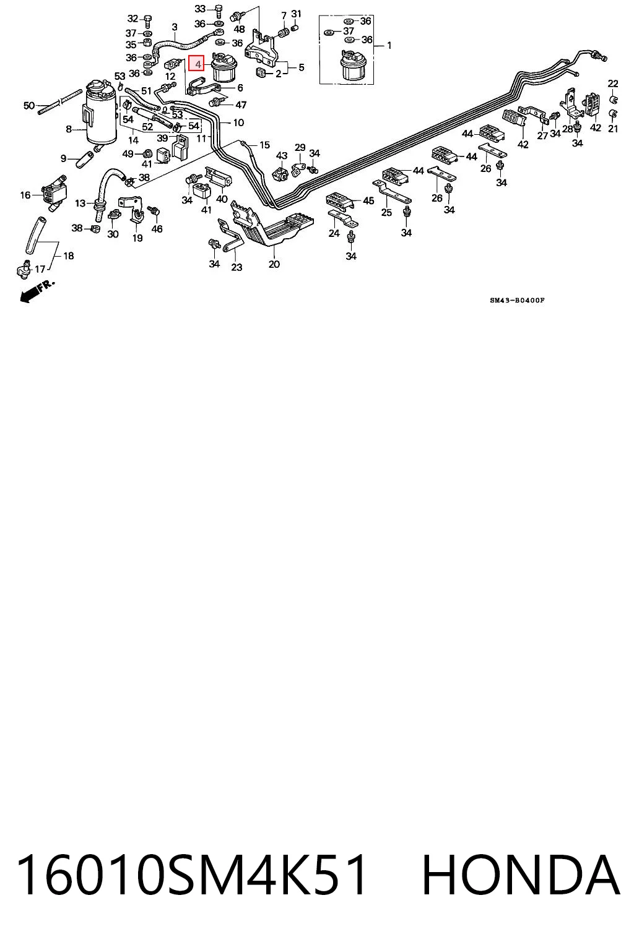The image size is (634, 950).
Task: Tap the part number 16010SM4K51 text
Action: [191, 874]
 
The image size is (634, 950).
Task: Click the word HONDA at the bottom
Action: [521, 874]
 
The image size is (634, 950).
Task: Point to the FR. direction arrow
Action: [37, 291]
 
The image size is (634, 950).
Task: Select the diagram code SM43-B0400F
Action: [517, 300]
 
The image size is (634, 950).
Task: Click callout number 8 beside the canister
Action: [69, 129]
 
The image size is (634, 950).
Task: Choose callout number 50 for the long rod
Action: [29, 105]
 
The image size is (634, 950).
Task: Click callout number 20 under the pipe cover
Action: [274, 264]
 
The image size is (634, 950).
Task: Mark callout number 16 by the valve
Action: [25, 195]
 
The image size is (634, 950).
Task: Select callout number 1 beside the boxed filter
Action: [389, 45]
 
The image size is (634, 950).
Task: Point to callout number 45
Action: [368, 200]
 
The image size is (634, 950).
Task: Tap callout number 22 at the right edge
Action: [613, 83]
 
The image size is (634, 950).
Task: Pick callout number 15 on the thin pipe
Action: [264, 145]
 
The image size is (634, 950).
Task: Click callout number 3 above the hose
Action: [175, 27]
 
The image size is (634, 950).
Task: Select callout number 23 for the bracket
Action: [237, 267]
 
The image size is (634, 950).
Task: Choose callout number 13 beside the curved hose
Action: [80, 203]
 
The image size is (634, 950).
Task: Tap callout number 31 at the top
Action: [296, 14]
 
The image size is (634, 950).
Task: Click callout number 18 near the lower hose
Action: [68, 255]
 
